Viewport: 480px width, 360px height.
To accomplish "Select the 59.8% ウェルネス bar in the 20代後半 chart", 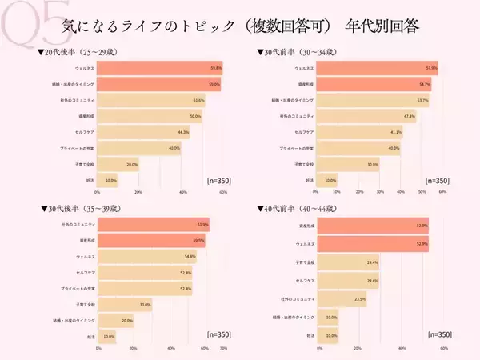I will (160, 69).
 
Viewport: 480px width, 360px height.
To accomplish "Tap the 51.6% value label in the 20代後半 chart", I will (199, 100).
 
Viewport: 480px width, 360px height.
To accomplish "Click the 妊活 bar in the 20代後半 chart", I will (108, 181).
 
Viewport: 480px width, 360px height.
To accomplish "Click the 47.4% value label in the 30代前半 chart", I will (410, 116).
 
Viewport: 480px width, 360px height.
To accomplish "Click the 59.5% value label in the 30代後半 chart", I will (198, 240).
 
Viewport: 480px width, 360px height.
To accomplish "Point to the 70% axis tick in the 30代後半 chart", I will (223, 348).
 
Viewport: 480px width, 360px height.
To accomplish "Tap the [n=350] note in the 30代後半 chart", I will (218, 334).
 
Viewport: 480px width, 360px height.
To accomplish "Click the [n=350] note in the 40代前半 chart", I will (439, 334).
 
